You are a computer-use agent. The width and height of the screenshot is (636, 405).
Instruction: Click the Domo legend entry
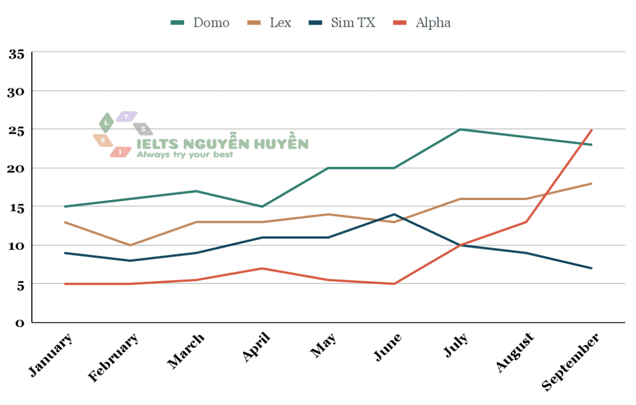pos(200,23)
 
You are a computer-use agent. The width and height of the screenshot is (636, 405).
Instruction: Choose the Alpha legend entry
pos(422,23)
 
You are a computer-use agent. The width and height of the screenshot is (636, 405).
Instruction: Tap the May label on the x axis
pos(323,346)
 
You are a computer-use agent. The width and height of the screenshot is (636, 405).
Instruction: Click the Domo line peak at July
pos(460,130)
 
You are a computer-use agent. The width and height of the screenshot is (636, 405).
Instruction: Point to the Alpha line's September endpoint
pos(591,130)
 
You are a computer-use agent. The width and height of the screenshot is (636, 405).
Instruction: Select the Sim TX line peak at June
pos(394,214)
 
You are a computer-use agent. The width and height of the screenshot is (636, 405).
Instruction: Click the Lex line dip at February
pos(131,245)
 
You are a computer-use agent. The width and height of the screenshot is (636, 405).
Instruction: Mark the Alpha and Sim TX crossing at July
pos(460,245)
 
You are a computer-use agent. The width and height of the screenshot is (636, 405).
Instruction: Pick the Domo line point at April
pos(262,207)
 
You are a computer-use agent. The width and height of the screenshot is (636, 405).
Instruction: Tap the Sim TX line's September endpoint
pos(591,268)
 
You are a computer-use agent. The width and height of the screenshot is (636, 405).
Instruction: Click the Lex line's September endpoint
pos(591,184)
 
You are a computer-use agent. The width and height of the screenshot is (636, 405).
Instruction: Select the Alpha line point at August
pos(526,222)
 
